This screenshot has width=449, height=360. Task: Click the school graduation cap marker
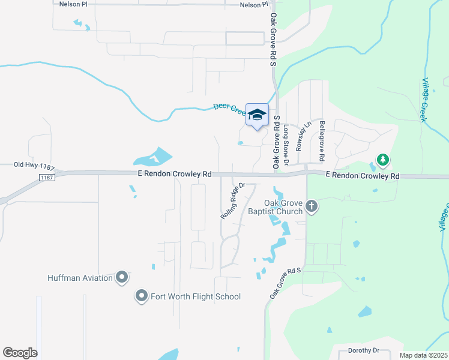pos(257,115)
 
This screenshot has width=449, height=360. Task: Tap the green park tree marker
pos(382,160)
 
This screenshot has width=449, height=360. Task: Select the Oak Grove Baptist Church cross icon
pos(311,207)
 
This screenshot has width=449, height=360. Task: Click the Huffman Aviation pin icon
pos(122,277)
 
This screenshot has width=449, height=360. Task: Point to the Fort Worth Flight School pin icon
pos(141,296)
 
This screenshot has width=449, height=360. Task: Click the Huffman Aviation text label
pos(80,278)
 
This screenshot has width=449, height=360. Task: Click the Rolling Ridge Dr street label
pos(234,201)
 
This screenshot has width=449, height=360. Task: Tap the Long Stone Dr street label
pos(286,144)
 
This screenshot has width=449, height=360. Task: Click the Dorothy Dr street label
pos(364,350)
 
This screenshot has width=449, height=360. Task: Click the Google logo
pos(20,353)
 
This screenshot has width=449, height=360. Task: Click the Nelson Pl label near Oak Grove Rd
pos(254,5)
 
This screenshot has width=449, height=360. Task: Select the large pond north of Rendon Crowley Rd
pos(152,158)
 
